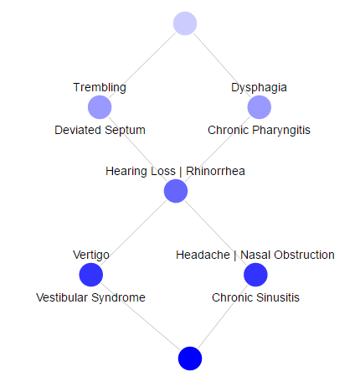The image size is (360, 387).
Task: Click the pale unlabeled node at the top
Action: click(185, 23)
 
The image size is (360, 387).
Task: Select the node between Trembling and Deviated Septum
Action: click(100, 107)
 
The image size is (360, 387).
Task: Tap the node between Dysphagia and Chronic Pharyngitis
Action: click(260, 107)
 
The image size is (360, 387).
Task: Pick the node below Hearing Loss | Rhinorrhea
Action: click(176, 191)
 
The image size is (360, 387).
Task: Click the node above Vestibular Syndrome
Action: click(91, 275)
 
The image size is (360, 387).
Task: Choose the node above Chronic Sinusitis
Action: click(255, 275)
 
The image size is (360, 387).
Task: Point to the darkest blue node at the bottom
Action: click(190, 359)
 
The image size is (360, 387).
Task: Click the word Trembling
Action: click(100, 87)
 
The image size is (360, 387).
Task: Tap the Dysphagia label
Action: click(259, 87)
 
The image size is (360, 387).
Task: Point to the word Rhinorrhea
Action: click(215, 171)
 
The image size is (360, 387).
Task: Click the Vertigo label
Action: click(91, 255)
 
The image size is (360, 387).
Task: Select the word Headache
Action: click(203, 255)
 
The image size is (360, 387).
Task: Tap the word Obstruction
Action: click(304, 255)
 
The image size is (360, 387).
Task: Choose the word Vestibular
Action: click(62, 297)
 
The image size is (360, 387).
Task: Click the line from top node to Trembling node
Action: click(142, 65)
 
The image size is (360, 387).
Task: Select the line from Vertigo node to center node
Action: click(133, 233)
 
